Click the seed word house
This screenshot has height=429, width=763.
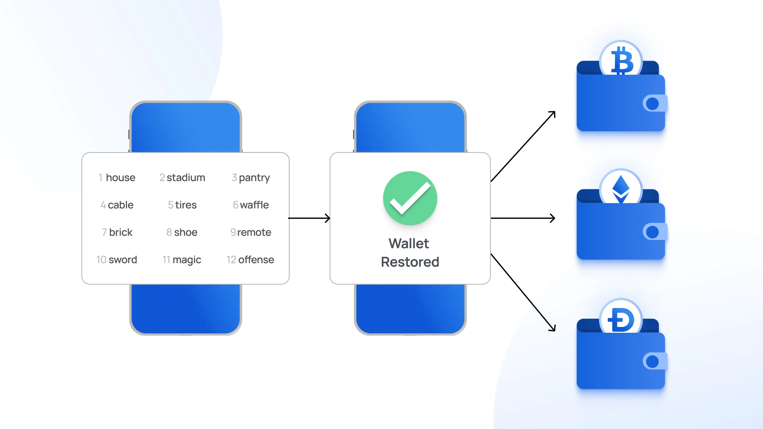[120, 177]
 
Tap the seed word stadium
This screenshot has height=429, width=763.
[186, 177]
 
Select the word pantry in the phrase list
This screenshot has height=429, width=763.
[254, 178]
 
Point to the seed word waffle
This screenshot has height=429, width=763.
[254, 205]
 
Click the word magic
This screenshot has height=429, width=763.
[187, 260]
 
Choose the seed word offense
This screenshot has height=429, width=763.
[256, 260]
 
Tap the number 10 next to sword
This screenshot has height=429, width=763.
[101, 260]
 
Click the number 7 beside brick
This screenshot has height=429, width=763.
[104, 232]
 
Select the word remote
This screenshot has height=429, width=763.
[254, 232]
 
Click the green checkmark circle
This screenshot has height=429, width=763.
[410, 198]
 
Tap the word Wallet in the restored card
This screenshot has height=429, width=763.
[409, 244]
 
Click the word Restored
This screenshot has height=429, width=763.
[410, 262]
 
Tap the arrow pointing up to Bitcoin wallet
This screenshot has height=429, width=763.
[523, 146]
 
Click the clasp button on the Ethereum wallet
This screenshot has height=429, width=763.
[653, 232]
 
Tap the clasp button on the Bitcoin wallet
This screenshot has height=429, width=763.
[653, 104]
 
